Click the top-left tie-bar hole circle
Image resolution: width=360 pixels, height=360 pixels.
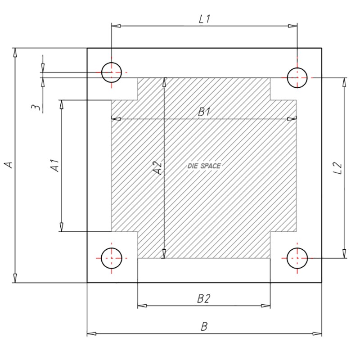pyautogui.click(x=111, y=72)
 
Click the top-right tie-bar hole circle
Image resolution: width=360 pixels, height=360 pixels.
pyautogui.click(x=297, y=77)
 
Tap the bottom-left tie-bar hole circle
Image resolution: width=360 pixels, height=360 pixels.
pyautogui.click(x=111, y=258)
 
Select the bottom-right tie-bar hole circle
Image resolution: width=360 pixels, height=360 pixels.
pyautogui.click(x=297, y=258)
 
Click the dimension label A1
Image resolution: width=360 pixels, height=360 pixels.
pyautogui.click(x=55, y=166)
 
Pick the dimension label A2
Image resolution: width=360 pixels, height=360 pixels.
pyautogui.click(x=157, y=168)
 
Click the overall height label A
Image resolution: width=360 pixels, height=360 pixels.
pyautogui.click(x=8, y=165)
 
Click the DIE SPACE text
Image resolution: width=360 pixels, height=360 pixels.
pyautogui.click(x=204, y=166)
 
